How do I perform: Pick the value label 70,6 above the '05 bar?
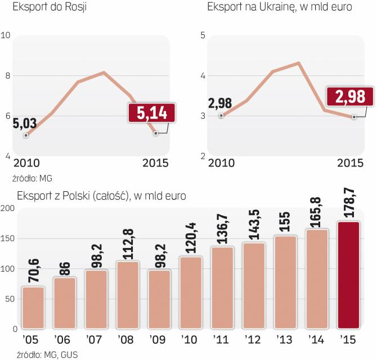pyautogui.click(x=32, y=270)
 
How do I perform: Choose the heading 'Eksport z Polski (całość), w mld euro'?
pyautogui.click(x=101, y=196)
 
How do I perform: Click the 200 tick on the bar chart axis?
pyautogui.click(x=8, y=209)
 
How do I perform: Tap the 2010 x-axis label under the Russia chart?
pyautogui.click(x=27, y=163)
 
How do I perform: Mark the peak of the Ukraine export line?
pyautogui.click(x=298, y=62)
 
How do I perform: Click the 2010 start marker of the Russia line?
pyautogui.click(x=26, y=136)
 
